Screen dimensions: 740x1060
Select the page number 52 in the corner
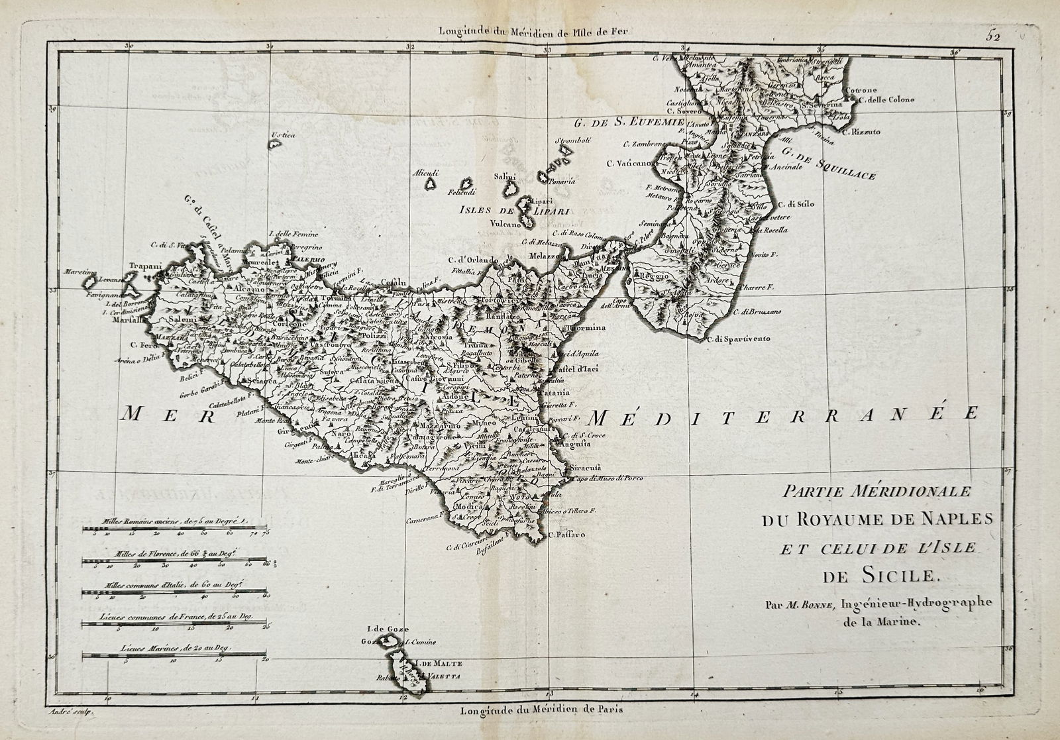[x=1011, y=37]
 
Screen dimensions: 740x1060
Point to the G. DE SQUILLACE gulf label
[x=829, y=164]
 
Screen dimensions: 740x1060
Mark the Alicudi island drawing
[x=431, y=182]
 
